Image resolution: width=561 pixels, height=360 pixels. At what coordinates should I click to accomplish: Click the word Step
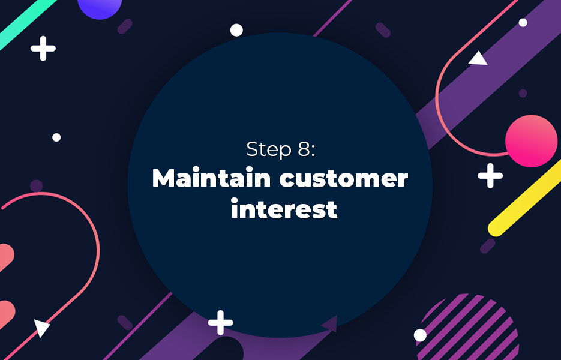[269, 149]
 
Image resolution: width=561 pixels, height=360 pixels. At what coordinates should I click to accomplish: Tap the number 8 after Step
[304, 149]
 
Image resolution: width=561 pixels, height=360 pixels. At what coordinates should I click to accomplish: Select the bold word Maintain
[211, 178]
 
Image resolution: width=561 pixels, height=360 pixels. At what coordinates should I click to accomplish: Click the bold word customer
[343, 179]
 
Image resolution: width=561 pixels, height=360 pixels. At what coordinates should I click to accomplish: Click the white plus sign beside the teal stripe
[43, 49]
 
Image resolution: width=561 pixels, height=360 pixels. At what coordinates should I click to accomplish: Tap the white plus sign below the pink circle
[490, 176]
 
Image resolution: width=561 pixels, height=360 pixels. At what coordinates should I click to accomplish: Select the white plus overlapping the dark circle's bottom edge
[220, 322]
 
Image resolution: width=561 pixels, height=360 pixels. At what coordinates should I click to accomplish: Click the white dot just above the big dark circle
[236, 30]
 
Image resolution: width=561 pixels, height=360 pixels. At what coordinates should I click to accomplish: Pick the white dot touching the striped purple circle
[420, 335]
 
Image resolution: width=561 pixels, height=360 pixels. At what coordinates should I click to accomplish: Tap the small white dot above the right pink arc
[523, 23]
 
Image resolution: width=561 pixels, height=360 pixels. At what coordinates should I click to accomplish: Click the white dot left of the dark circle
[56, 137]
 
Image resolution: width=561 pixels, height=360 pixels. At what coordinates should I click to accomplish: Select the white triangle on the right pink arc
[478, 59]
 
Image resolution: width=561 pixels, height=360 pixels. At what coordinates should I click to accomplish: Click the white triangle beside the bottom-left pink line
[41, 328]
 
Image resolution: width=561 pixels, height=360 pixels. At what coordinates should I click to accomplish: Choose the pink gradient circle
[532, 141]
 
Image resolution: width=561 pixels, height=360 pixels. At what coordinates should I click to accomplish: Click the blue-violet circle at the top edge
[100, 7]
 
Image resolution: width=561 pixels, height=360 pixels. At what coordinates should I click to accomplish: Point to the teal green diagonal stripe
[27, 23]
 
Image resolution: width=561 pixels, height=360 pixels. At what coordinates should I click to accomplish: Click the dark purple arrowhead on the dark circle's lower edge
[330, 323]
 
